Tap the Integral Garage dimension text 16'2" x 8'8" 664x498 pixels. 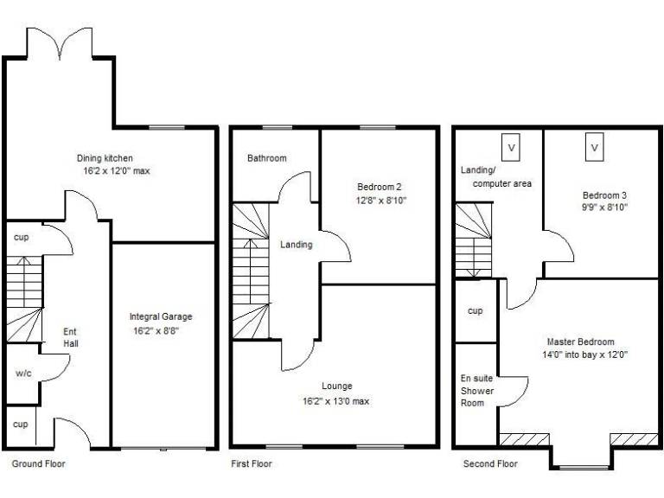pyautogui.click(x=160, y=329)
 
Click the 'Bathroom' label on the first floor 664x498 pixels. pyautogui.click(x=266, y=158)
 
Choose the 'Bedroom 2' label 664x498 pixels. pyautogui.click(x=379, y=187)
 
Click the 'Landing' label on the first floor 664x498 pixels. pyautogui.click(x=296, y=245)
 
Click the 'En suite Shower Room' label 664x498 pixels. pyautogui.click(x=476, y=392)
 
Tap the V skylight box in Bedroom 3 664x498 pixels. pyautogui.click(x=595, y=147)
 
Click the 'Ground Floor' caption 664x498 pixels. pyautogui.click(x=38, y=464)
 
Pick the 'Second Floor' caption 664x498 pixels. pyautogui.click(x=490, y=464)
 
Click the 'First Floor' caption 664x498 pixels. pyautogui.click(x=252, y=464)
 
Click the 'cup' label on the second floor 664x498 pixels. pyautogui.click(x=475, y=310)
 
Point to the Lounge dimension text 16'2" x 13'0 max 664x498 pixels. pyautogui.click(x=335, y=401)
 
